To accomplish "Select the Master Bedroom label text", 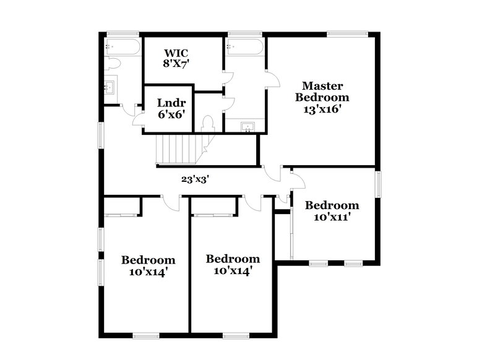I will (322, 91).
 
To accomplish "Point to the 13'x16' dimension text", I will (322, 109).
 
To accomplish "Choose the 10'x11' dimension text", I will (332, 217).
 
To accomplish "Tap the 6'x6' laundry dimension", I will (171, 114).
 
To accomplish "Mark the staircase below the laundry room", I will (179, 148).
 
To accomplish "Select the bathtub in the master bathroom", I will (245, 47).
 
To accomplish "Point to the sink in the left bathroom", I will (110, 87).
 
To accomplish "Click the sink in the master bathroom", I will (247, 127).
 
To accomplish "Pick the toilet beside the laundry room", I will (208, 122).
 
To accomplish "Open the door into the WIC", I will (228, 77).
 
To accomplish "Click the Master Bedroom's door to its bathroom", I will (272, 79).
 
